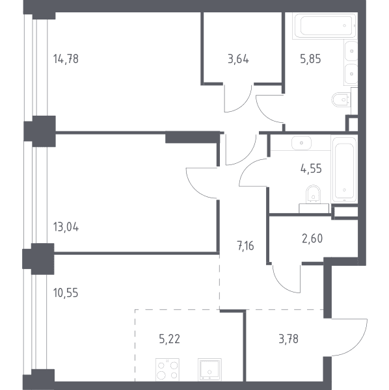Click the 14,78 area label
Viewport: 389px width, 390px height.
coord(66,59)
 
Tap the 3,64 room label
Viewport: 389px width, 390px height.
coord(238,59)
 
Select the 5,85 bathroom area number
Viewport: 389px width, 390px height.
coord(310,59)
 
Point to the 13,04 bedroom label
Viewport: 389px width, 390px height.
coord(66,227)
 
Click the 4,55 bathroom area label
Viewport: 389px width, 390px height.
coord(311,168)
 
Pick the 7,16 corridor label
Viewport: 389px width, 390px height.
coord(245,246)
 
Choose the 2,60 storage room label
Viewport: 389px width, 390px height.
coord(312,239)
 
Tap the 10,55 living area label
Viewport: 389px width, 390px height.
coord(66,292)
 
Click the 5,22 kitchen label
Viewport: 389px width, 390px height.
coord(169,339)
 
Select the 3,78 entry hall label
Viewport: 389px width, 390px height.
coord(288,339)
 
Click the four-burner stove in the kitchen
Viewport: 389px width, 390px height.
coord(167,370)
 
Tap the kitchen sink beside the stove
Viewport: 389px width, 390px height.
coord(209,370)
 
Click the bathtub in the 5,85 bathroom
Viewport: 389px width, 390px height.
coord(325,25)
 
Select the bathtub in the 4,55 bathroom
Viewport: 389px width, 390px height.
coord(345,169)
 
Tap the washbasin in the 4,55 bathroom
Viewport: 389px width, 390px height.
coord(301,143)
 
